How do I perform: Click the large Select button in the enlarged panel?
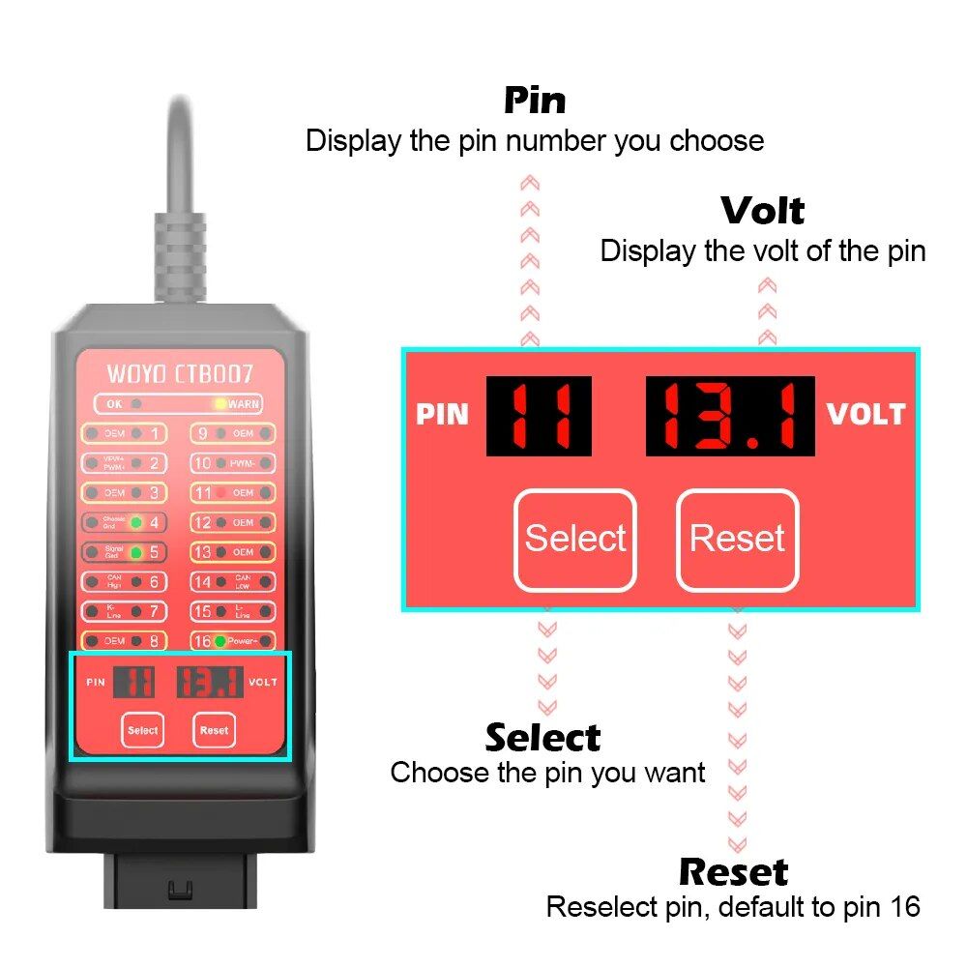pyautogui.click(x=575, y=540)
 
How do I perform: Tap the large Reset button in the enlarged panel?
pyautogui.click(x=737, y=540)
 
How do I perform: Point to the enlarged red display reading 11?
pyautogui.click(x=539, y=416)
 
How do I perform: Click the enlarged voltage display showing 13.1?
pyautogui.click(x=730, y=416)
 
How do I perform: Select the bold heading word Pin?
pyautogui.click(x=535, y=101)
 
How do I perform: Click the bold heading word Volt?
pyautogui.click(x=762, y=211)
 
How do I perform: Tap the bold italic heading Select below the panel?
pyautogui.click(x=542, y=738)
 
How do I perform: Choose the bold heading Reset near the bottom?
pyautogui.click(x=733, y=872)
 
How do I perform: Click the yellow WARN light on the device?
pyautogui.click(x=220, y=403)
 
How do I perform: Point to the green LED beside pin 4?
pyautogui.click(x=136, y=523)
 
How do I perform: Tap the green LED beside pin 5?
pyautogui.click(x=136, y=553)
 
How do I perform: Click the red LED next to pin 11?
pyautogui.click(x=221, y=493)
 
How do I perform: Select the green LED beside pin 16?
pyautogui.click(x=220, y=641)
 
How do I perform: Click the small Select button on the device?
pyautogui.click(x=143, y=730)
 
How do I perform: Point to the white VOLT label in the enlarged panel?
pyautogui.click(x=865, y=415)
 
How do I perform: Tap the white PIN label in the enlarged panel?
pyautogui.click(x=442, y=415)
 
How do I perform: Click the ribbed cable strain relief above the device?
pyautogui.click(x=181, y=256)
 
